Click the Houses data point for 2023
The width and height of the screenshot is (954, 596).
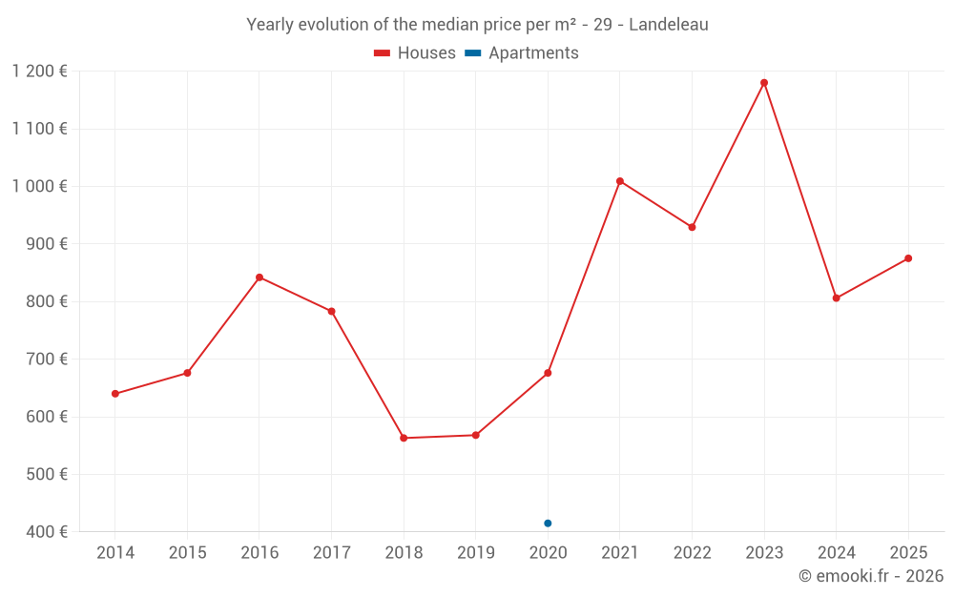[764, 83]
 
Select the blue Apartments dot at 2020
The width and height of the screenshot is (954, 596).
[548, 524]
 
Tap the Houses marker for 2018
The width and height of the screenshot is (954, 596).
[404, 438]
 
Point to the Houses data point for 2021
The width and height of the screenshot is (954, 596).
[620, 181]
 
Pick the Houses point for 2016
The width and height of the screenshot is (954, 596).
[259, 277]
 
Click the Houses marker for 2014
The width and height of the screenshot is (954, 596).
[115, 394]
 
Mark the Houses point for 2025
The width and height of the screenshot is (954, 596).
[908, 258]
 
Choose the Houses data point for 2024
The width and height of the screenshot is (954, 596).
[837, 298]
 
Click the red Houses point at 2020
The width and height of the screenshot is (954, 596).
[548, 373]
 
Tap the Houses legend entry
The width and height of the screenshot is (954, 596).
[415, 53]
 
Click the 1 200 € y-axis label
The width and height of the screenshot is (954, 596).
[40, 72]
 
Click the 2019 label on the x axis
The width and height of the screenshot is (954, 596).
[475, 553]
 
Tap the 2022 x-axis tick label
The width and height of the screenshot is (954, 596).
[692, 553]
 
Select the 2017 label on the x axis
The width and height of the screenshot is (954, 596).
[331, 553]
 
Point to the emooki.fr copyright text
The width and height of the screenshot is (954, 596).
[871, 576]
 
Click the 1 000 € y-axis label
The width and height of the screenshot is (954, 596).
[40, 187]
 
